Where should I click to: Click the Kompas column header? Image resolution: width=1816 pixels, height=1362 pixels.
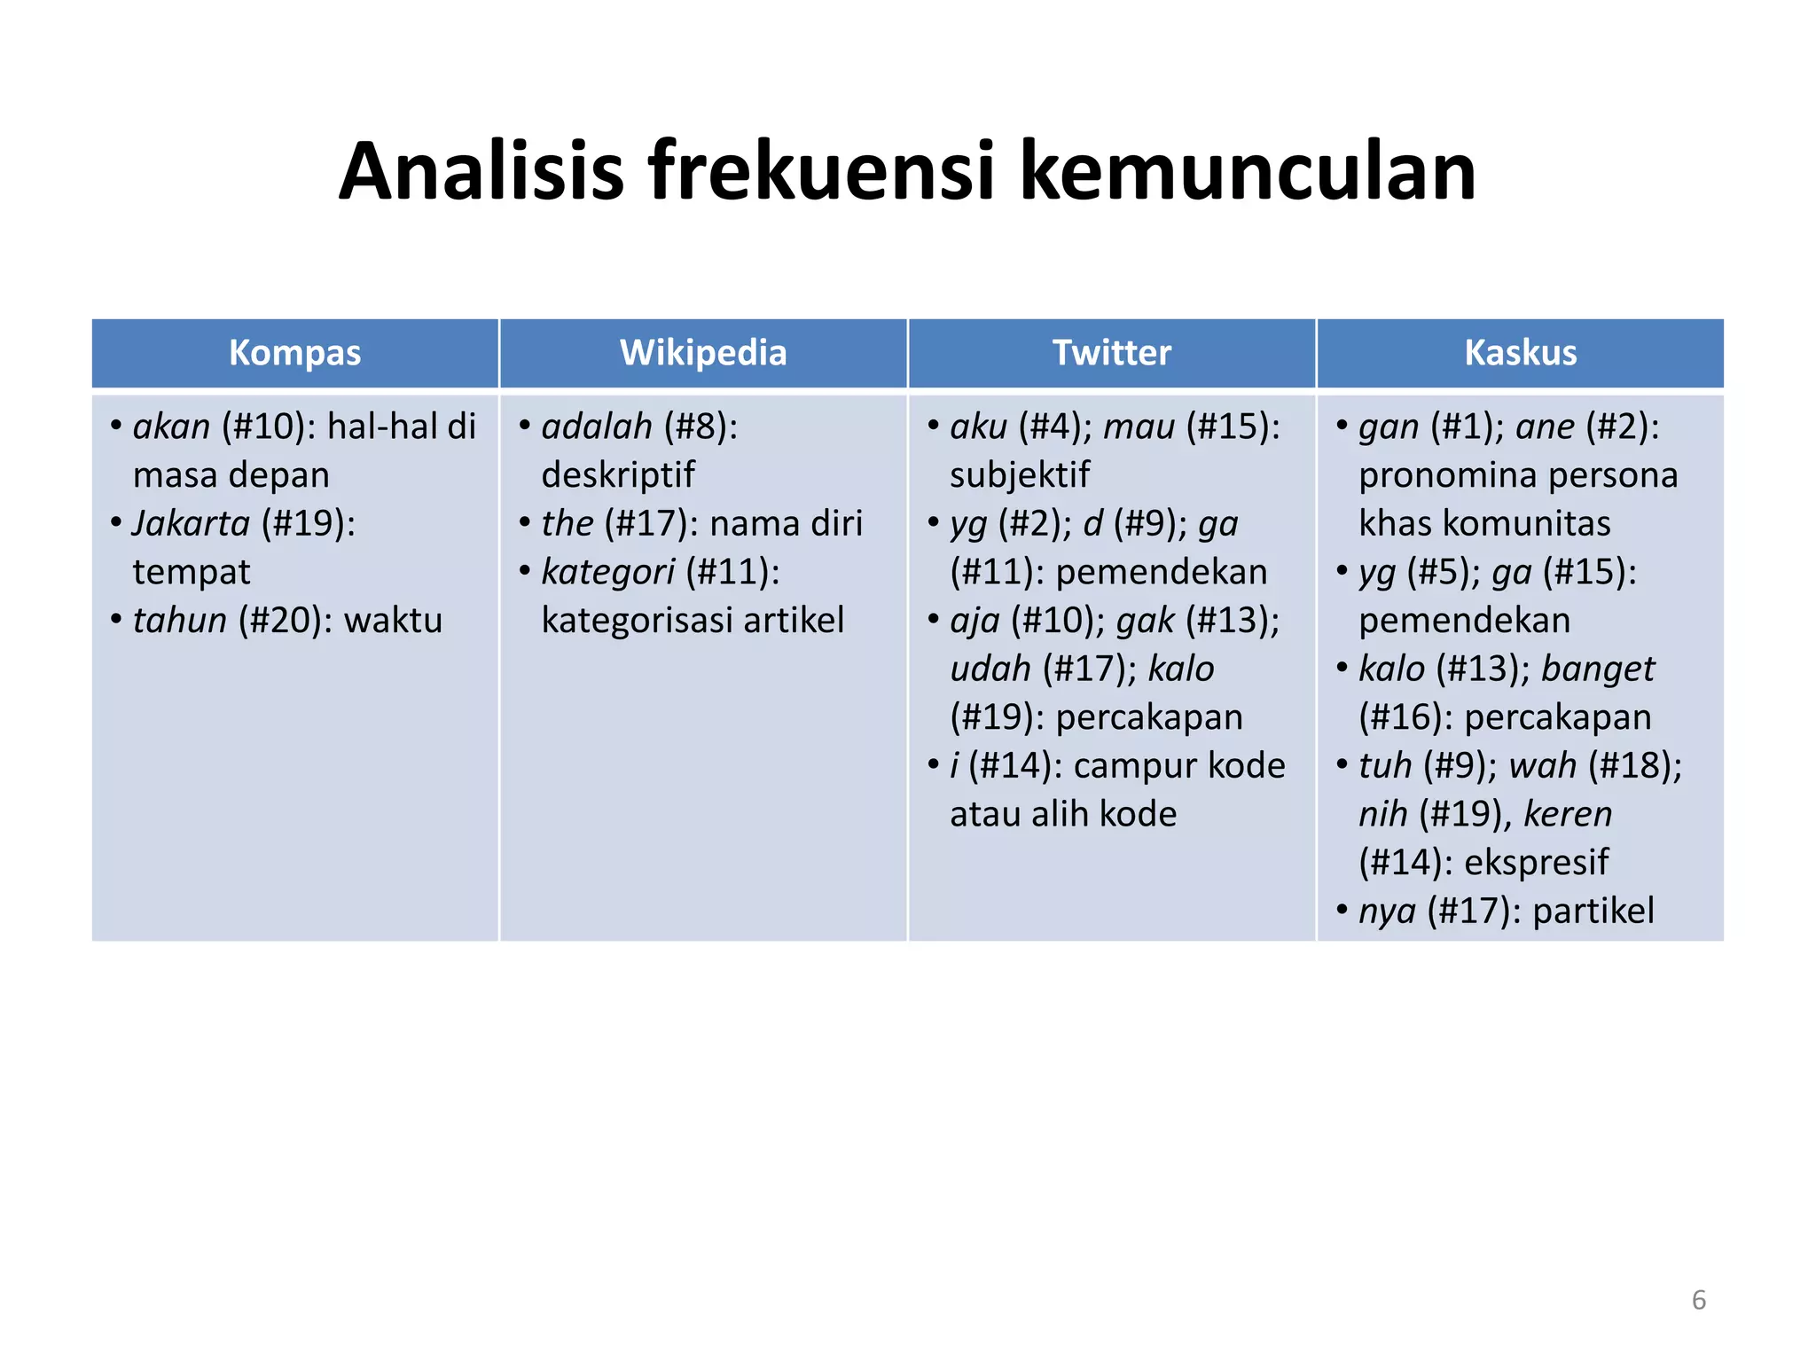(x=294, y=353)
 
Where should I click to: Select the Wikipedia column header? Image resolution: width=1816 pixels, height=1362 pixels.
(x=703, y=353)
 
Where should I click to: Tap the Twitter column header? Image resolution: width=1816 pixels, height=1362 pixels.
(x=1111, y=353)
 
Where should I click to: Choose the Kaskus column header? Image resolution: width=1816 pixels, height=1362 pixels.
(x=1520, y=353)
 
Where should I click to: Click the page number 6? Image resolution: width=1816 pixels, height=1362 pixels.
(x=1698, y=1300)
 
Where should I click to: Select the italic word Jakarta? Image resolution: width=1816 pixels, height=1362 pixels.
(x=192, y=523)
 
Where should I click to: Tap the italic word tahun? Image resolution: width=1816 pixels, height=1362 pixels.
(x=180, y=620)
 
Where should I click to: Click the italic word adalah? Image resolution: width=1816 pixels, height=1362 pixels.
(x=597, y=427)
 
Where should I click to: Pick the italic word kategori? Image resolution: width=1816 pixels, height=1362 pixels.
(x=608, y=572)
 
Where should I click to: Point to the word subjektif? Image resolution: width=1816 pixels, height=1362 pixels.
(x=1020, y=475)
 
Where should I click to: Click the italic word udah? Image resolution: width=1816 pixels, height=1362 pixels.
(x=990, y=669)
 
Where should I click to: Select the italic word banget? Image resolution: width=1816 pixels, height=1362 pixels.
(x=1598, y=669)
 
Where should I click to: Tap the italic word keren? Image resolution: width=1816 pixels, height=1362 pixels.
(x=1568, y=814)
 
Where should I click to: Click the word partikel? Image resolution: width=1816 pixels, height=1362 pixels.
(x=1593, y=911)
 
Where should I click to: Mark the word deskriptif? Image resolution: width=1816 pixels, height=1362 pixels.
(x=618, y=475)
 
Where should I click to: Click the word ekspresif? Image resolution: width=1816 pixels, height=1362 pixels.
(x=1536, y=862)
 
